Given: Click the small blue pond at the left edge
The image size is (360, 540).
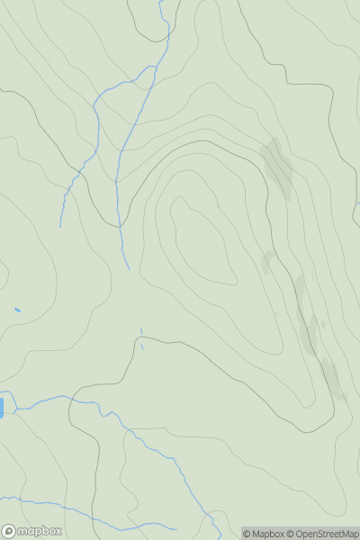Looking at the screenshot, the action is point(2,408).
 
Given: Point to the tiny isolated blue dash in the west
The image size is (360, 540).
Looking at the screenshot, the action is point(17,310).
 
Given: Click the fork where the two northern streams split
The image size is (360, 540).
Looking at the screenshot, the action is point(148,77).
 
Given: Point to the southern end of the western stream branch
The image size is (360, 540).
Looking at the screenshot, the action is point(60,225).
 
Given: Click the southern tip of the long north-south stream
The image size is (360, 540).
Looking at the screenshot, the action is point(129,268).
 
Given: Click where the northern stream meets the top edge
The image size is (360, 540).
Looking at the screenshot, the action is point(161,1).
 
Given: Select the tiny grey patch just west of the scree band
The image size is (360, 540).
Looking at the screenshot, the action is point(267,262).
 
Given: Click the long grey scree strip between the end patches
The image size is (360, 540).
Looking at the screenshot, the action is point(306,315).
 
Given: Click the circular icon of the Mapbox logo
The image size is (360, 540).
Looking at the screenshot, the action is point(8,531).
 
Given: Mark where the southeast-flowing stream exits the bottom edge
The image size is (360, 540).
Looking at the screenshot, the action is point(216,538).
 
